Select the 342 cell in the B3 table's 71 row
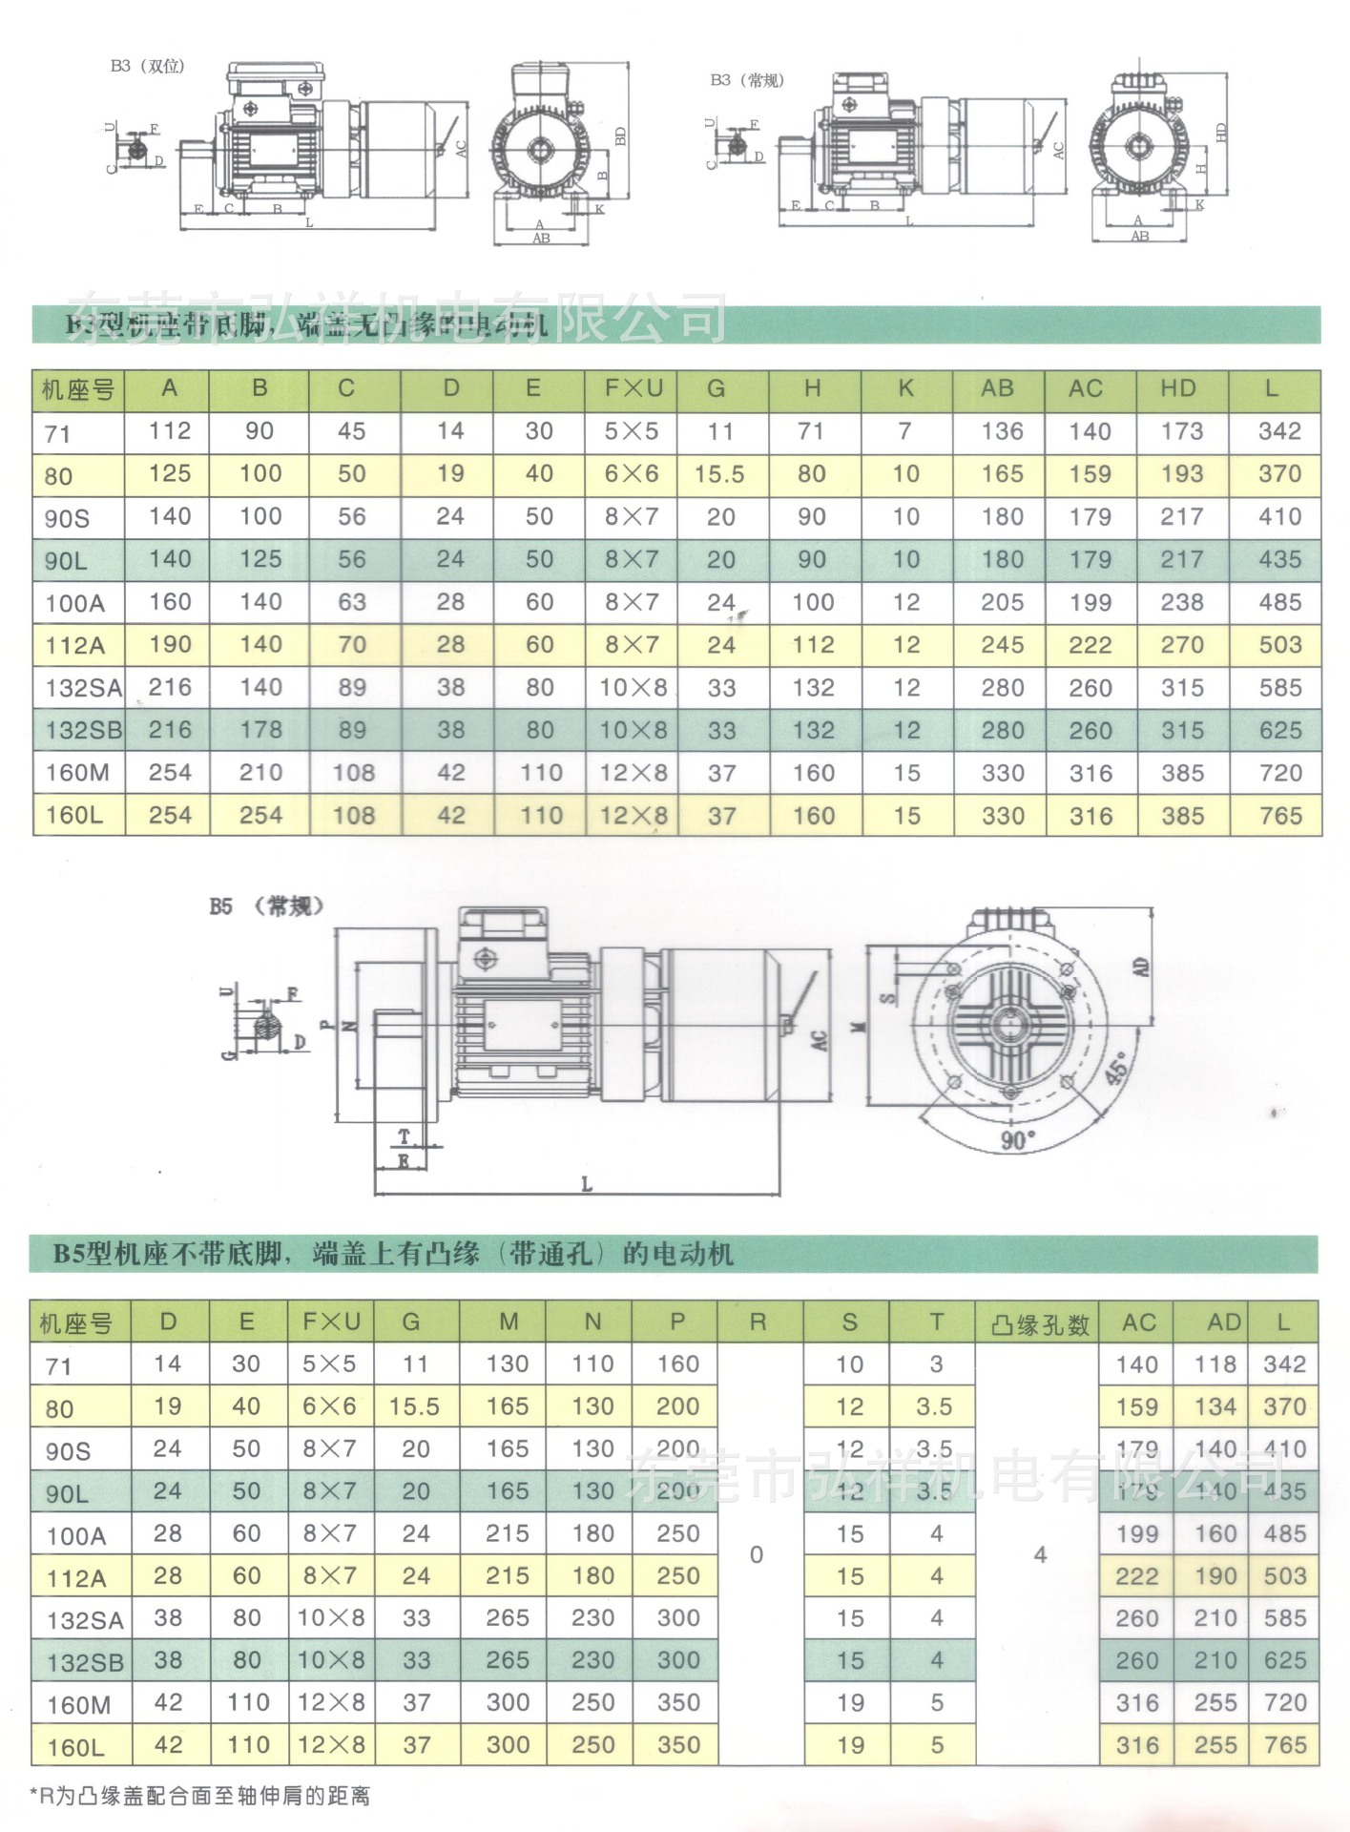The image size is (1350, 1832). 1278,431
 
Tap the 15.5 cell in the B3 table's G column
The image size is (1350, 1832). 718,474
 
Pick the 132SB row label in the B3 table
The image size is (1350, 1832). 83,731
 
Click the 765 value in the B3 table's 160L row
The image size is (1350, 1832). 1279,816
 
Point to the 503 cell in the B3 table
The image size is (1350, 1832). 1279,645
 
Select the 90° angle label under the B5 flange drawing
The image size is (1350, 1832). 1018,1139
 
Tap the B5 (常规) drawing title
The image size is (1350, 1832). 266,906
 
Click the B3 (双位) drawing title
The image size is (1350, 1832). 147,66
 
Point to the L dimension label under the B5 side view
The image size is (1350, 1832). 587,1184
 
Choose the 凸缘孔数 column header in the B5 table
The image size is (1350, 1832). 1040,1324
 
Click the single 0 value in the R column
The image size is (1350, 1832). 757,1555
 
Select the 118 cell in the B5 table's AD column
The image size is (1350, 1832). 1215,1364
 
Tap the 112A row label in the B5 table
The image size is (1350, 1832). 76,1578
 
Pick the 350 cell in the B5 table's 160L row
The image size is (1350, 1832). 678,1745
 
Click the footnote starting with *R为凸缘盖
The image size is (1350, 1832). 199,1796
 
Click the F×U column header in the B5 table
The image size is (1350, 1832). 331,1322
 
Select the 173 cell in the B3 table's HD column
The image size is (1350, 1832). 1181,431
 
